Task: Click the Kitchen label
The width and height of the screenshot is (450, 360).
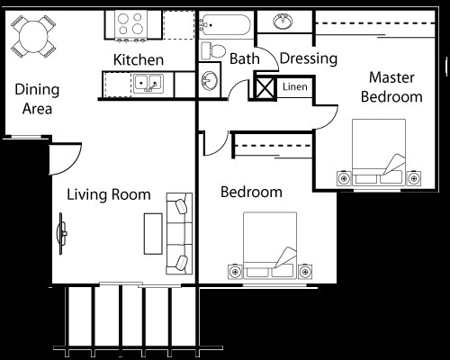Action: coord(139,59)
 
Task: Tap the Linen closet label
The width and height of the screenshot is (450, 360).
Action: coord(295,87)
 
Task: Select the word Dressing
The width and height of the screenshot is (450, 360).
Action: coord(309,58)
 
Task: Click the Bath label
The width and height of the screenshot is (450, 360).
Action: coord(245,58)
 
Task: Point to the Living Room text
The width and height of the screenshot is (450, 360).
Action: coord(109,194)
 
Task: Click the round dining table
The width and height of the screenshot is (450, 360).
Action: coord(33,36)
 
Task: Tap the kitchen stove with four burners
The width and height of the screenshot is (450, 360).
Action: coord(131,25)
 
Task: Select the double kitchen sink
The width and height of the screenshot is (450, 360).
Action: coord(148,83)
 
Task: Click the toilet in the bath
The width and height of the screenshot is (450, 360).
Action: coord(213,50)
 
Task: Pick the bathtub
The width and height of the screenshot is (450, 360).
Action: coord(225,25)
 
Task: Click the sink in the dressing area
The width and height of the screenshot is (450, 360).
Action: coord(283,22)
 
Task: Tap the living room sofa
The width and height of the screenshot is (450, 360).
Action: coord(179,233)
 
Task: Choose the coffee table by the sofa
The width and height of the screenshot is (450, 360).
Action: coord(153,234)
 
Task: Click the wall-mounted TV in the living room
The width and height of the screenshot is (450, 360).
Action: coord(62,234)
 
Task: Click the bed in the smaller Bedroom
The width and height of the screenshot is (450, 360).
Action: coord(270,245)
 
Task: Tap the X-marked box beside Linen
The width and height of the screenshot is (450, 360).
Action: coord(265,88)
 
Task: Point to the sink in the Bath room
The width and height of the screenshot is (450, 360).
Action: coord(209,80)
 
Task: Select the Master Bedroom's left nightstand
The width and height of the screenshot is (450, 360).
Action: coord(344,178)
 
